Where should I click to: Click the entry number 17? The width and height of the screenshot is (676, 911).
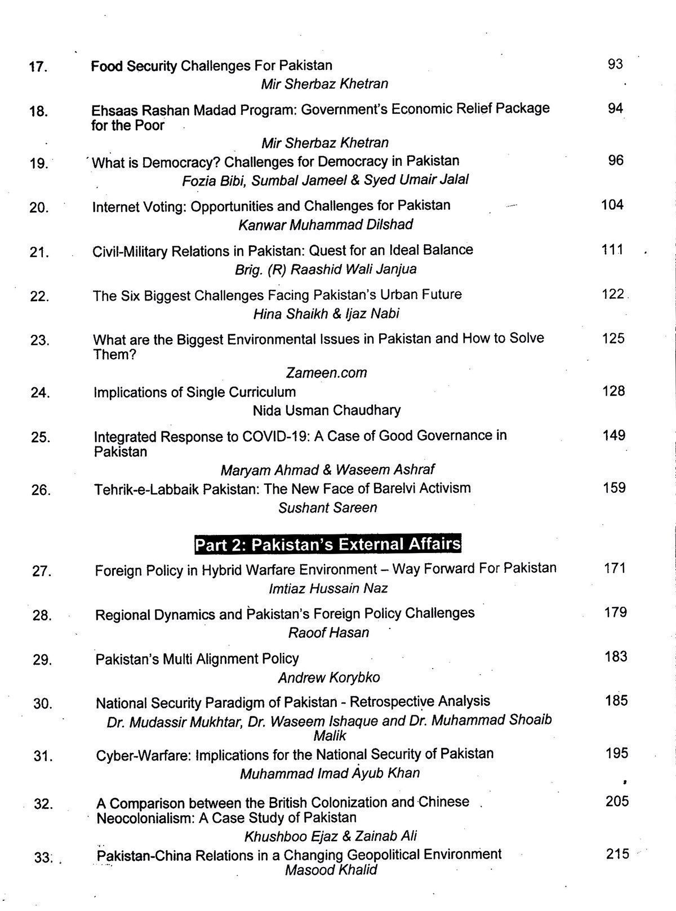38,67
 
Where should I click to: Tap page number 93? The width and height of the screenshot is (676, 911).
615,64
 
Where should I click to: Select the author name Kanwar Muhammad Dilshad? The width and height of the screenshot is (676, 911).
326,225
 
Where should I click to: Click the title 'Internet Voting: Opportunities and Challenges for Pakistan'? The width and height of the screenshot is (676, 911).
271,206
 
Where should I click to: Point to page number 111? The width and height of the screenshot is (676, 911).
612,249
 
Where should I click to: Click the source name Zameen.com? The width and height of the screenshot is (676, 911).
326,373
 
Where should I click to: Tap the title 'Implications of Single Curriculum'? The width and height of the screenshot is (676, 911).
194,392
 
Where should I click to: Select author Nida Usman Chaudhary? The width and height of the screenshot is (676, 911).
327,410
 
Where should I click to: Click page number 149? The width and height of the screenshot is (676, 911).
613,435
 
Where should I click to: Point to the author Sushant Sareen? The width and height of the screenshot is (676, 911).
327,508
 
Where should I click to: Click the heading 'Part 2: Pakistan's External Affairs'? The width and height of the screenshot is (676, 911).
327,545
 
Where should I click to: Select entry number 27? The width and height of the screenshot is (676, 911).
42,571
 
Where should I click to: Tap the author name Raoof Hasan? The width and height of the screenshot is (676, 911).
328,633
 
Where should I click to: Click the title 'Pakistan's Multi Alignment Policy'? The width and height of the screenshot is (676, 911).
197,658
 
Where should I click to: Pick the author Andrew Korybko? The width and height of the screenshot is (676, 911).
329,677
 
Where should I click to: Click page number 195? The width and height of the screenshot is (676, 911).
616,754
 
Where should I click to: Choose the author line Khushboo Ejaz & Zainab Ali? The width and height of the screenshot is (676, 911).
330,836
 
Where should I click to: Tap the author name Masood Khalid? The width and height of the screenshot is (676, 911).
331,870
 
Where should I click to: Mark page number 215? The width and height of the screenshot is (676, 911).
617,854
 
